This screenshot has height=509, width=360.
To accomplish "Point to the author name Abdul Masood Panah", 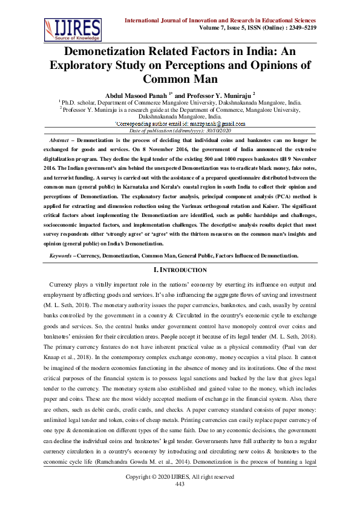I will [x=137, y=95].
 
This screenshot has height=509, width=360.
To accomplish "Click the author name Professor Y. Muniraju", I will [x=215, y=95].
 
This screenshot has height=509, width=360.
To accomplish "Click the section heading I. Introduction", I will [x=180, y=270].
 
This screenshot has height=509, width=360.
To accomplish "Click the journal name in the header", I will [x=233, y=19].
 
